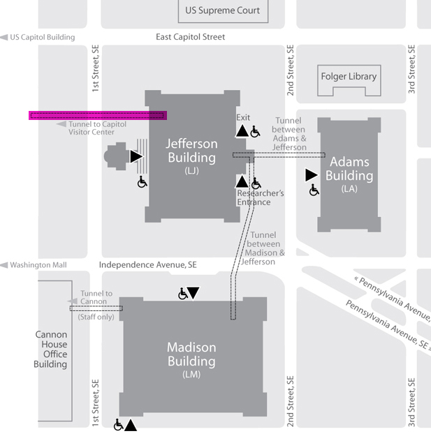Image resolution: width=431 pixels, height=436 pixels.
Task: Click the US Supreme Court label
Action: (x=222, y=10)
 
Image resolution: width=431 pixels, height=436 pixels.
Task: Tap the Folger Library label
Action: (x=348, y=76)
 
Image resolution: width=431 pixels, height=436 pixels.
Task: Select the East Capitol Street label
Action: (x=190, y=37)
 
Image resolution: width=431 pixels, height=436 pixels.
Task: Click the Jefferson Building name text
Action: (x=191, y=151)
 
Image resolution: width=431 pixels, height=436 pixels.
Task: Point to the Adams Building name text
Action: (x=349, y=169)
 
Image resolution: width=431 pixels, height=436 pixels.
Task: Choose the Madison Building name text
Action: (x=191, y=354)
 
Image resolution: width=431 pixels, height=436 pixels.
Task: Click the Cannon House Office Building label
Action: (x=51, y=349)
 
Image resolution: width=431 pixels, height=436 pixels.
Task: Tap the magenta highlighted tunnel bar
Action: (x=97, y=115)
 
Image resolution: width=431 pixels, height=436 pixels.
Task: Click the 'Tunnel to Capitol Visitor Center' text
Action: (x=97, y=128)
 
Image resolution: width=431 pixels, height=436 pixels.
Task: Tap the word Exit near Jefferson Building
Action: (x=243, y=117)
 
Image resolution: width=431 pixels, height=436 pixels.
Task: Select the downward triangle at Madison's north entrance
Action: (x=193, y=293)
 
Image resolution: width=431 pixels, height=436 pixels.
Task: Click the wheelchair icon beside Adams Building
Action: (x=314, y=190)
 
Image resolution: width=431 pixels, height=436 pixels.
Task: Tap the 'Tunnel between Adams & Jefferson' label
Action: (x=288, y=134)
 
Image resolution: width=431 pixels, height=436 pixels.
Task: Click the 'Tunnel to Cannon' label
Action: (x=96, y=298)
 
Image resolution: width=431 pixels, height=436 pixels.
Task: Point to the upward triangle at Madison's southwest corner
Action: (x=131, y=424)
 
